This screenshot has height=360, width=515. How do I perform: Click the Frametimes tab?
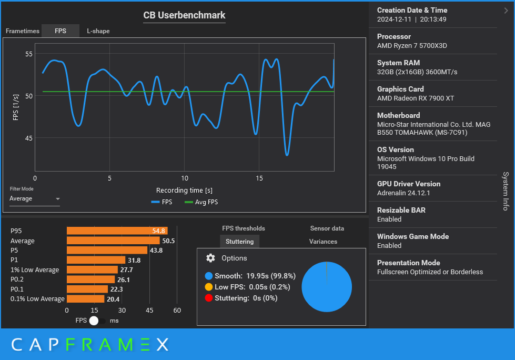23,31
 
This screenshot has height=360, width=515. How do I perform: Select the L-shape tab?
98,31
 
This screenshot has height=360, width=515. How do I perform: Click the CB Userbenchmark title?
184,15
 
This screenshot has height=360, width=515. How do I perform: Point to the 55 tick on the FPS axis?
29,54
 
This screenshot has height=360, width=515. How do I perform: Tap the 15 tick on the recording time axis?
259,178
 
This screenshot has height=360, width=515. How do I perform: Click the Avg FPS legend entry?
201,202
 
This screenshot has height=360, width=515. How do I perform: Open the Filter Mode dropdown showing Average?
35,199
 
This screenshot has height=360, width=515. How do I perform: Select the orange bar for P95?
117,231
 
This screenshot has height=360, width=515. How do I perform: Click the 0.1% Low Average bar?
85,299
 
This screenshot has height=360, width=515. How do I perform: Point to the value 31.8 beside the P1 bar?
134,260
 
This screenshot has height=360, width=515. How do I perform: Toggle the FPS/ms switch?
97,321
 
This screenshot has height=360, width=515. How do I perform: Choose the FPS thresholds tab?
244,228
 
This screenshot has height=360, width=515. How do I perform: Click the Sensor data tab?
327,228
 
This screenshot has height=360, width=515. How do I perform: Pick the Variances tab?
323,242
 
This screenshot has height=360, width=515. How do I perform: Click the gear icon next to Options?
210,258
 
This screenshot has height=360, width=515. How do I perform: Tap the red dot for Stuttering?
209,298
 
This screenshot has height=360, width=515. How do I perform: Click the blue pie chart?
327,287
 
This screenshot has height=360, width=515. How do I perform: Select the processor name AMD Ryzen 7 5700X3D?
412,46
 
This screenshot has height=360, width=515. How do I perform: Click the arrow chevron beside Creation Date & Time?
506,10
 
